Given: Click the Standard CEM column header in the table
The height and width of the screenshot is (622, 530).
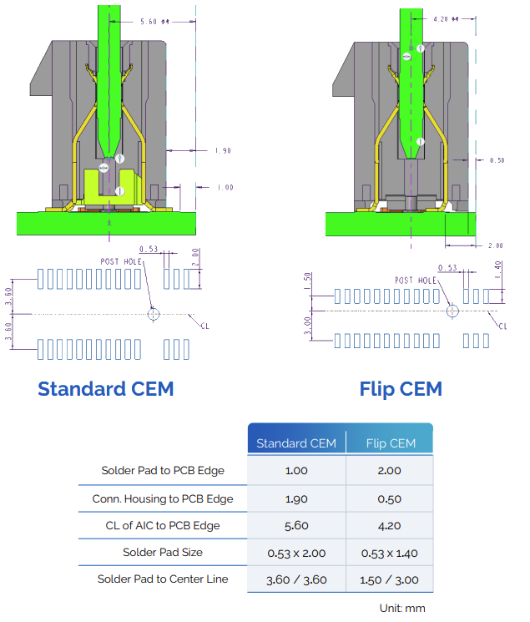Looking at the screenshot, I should (x=296, y=442).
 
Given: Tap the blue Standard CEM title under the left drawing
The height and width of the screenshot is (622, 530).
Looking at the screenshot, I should (x=106, y=388).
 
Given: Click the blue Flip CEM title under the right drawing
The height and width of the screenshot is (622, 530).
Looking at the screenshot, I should (x=401, y=388).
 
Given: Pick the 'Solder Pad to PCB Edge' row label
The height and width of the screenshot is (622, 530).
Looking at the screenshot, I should (x=163, y=470).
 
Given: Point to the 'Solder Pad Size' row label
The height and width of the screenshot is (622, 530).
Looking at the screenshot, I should (x=163, y=552).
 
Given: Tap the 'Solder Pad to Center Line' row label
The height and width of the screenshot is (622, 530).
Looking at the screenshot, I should (x=163, y=579).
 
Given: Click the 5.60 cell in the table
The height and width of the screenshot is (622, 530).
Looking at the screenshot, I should (x=296, y=525).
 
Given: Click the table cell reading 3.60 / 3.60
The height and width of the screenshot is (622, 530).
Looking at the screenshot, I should (x=296, y=579).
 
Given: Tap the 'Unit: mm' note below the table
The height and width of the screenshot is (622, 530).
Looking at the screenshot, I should (x=402, y=608).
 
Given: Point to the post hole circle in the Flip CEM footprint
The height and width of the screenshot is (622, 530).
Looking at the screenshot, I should (x=452, y=311).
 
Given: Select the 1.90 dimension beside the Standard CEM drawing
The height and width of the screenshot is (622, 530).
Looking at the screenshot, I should (x=223, y=151).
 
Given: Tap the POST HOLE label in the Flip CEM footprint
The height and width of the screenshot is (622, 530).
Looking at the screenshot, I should (x=416, y=281).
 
